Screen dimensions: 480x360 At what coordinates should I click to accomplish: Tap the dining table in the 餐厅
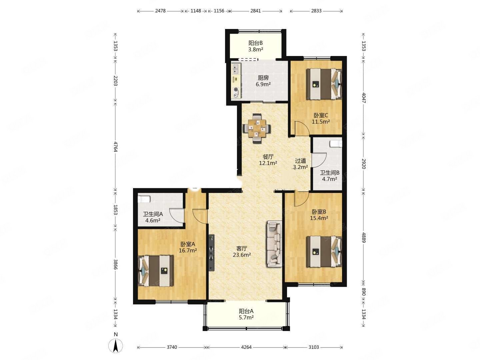[x=257, y=128]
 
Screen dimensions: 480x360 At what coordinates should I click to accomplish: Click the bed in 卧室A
[x=155, y=271]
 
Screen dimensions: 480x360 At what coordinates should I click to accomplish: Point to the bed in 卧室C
[x=324, y=84]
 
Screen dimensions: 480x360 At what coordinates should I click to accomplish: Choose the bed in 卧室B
[x=324, y=251]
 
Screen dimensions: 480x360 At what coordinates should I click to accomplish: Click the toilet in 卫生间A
[x=144, y=199]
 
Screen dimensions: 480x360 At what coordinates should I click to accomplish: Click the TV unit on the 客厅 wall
[x=211, y=253]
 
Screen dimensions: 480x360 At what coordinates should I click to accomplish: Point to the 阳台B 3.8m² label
[x=255, y=46]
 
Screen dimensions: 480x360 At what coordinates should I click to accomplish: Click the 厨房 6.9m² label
[x=263, y=81]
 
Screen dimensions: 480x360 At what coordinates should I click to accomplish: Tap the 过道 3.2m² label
[x=300, y=164]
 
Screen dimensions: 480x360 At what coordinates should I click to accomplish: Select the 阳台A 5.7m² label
[x=246, y=314]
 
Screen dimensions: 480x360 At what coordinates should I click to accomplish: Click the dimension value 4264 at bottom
[x=246, y=347]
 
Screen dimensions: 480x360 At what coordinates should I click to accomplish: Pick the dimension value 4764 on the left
[x=115, y=147]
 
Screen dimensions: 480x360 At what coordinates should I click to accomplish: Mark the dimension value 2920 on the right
[x=363, y=164]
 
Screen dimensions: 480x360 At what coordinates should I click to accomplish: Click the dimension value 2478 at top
[x=160, y=11]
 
